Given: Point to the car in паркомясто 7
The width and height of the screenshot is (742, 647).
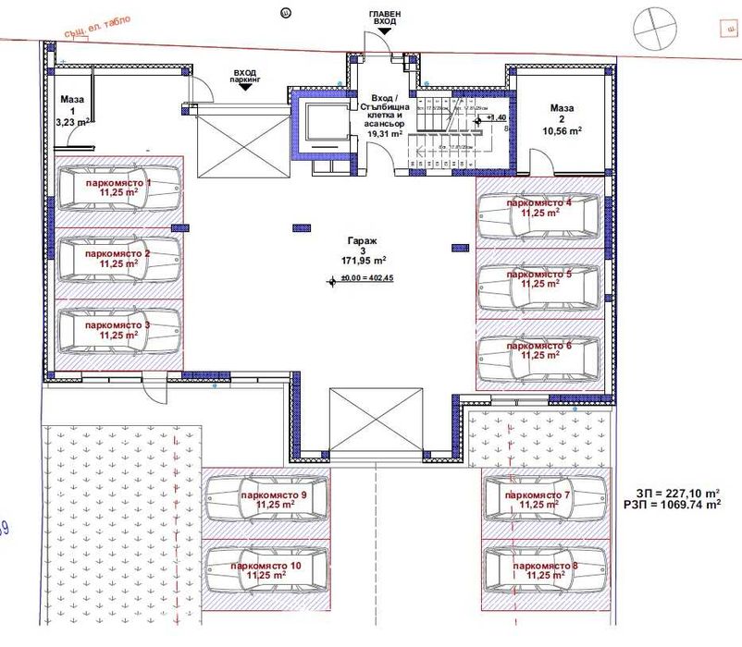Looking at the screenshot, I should (544, 500).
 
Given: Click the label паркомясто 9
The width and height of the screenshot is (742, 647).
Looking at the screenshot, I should (274, 496).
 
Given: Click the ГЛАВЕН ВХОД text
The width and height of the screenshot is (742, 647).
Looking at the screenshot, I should (385, 16).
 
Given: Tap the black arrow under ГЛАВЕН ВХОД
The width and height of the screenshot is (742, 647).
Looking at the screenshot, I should (385, 31).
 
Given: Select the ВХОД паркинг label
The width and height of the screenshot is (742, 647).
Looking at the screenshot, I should (245, 76).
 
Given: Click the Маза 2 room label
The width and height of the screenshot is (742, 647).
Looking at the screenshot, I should (562, 119).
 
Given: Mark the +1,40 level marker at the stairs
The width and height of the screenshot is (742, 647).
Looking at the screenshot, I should (496, 118).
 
